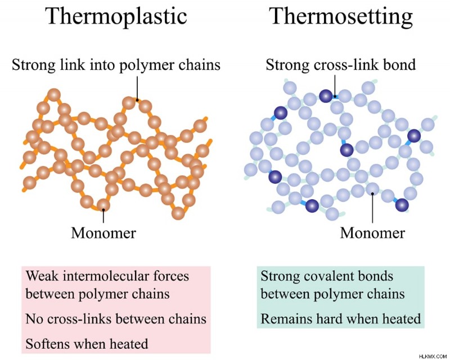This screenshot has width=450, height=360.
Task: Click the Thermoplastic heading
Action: pos(116,16)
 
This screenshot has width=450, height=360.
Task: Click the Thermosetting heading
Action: pos(341,16)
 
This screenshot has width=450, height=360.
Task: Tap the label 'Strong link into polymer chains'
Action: pos(116,65)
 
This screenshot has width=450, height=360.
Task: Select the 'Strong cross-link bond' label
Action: pos(341,65)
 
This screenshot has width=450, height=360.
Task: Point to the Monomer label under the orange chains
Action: pos(103,233)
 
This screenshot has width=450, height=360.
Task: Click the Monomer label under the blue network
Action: pos(372,233)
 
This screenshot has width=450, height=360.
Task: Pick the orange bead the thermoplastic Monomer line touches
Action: pos(103,205)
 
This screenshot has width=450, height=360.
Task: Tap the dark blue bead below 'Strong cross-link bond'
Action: pos(326,96)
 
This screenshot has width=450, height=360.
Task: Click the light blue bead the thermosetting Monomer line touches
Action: pos(372,189)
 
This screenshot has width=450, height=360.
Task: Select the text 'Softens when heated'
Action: pos(87,344)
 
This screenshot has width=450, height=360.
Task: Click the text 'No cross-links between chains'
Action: pos(116,319)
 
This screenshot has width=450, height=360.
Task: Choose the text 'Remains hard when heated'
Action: pos(341,319)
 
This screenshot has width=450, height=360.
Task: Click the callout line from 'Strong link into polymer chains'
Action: pos(137,88)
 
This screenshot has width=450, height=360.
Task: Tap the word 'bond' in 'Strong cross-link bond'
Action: pos(399,65)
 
